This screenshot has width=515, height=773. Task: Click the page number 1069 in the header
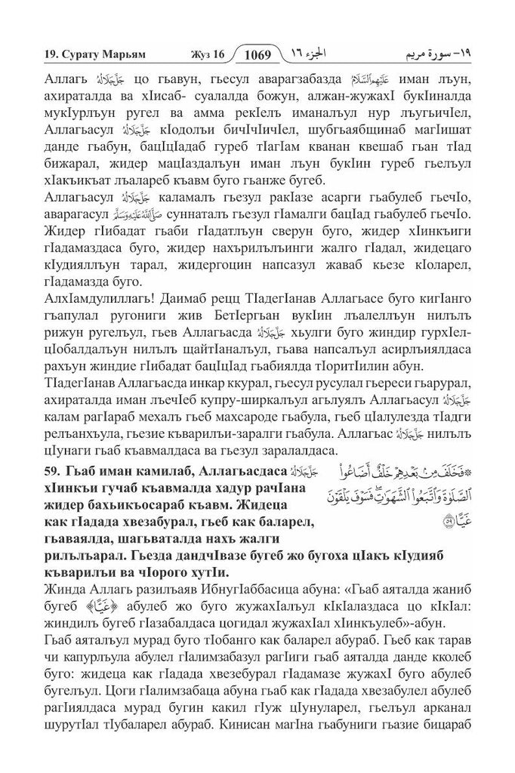(x=257, y=54)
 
